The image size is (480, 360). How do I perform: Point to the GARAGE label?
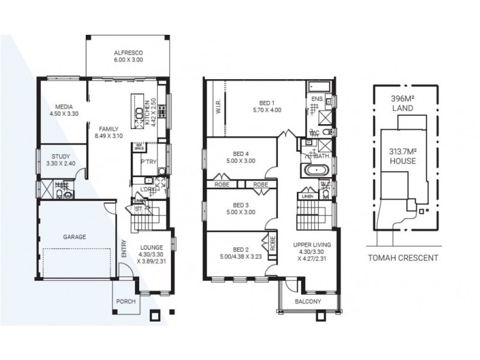click(74, 237)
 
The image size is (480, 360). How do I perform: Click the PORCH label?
click(125, 301)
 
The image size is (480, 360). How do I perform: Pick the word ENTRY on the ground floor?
click(124, 248)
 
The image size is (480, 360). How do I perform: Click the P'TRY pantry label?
click(148, 161)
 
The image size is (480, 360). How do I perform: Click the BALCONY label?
click(308, 302)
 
